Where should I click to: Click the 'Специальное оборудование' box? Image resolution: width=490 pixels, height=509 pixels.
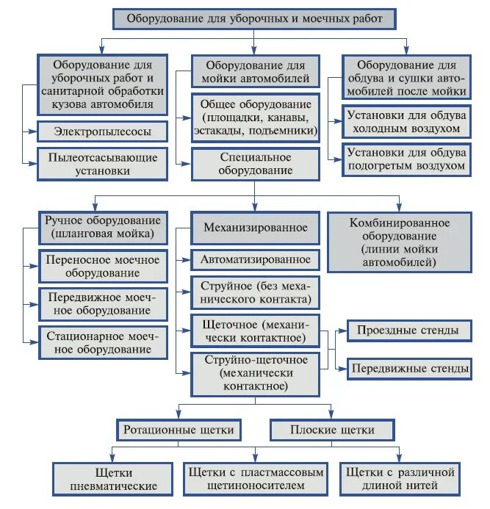point(255,164)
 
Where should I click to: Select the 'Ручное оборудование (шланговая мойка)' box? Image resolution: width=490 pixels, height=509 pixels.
point(103,228)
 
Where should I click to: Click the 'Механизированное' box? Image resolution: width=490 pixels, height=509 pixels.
point(255,228)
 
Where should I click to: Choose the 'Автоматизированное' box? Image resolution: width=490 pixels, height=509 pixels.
point(255,259)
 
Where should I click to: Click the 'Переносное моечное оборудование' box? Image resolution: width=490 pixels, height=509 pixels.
point(103,266)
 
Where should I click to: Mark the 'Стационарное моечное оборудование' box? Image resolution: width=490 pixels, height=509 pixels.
point(103,342)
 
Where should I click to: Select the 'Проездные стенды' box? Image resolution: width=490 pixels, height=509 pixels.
point(408,331)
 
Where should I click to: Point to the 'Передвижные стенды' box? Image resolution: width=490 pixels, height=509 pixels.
point(408,367)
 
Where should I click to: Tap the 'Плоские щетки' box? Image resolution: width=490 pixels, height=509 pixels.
point(331,429)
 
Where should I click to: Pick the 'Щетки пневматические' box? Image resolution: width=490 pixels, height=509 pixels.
point(113,479)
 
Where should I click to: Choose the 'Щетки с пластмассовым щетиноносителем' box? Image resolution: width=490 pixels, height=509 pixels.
point(255,479)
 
